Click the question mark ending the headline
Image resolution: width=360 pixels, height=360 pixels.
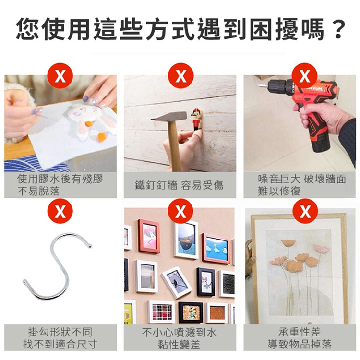pos(338,30)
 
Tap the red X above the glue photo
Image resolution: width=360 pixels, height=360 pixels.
pos(60,76)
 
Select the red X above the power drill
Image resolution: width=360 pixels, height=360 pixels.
pos(305,76)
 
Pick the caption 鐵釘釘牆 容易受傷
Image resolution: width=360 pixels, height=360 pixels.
pos(179,185)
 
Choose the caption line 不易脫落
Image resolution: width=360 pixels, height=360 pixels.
pos(38,191)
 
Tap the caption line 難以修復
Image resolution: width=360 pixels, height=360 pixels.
pos(279,191)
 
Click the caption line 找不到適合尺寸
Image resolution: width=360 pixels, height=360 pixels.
pos(60,344)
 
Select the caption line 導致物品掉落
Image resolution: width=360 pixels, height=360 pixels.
pos(300,344)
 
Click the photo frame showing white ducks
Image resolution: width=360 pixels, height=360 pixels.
pos(216,248)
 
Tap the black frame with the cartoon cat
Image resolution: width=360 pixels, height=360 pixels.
pos(205,282)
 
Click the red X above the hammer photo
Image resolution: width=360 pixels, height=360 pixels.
pos(180,76)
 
